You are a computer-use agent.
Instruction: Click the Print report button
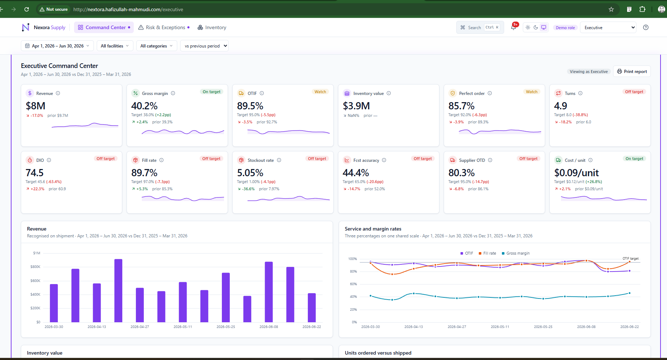632,72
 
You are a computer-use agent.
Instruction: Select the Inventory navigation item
212,27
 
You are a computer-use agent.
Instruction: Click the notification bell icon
513,27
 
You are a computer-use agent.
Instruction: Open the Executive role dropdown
608,27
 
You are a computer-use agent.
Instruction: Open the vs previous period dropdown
204,46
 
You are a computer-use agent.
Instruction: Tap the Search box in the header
480,27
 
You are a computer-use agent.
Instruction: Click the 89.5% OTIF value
250,106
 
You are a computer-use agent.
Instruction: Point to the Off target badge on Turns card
634,92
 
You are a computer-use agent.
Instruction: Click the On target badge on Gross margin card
211,92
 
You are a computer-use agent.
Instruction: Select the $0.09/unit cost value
576,173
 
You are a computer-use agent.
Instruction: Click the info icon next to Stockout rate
279,160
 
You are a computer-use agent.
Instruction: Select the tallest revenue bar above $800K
118,291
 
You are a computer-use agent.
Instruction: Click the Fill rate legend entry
487,253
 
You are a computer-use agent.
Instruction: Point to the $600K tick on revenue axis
35,281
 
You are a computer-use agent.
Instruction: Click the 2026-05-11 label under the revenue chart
183,327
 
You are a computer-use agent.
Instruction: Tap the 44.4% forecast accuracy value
356,173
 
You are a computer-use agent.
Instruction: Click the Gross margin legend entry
516,253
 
